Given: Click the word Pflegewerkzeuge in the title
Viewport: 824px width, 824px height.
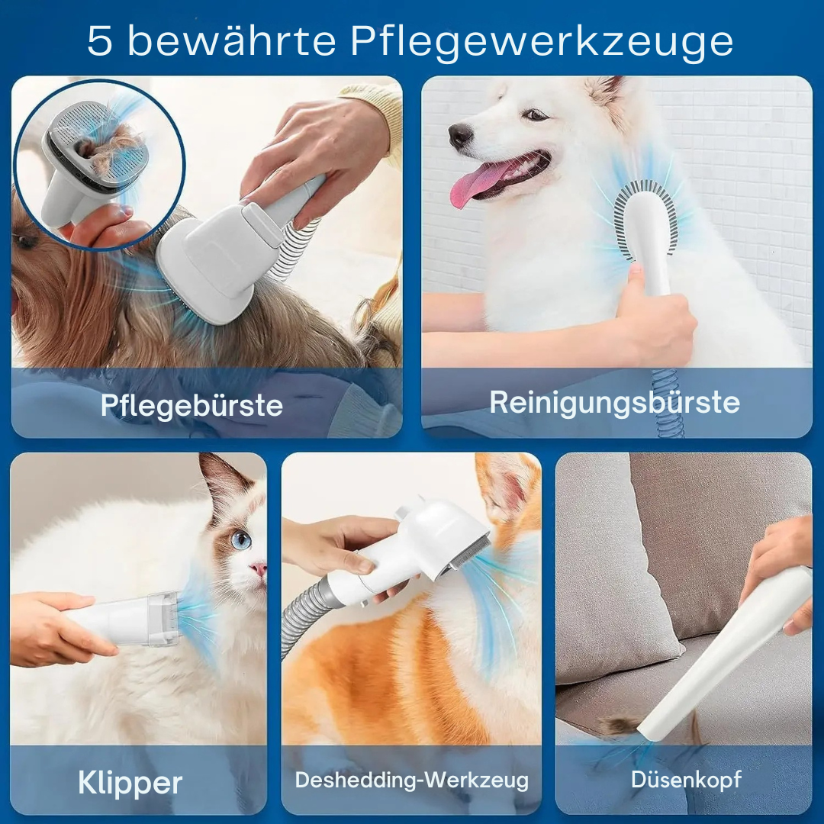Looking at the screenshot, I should pyautogui.click(x=542, y=41).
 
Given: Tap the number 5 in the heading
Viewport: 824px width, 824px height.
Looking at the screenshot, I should pyautogui.click(x=100, y=41).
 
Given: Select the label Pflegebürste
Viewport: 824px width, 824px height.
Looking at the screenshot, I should pyautogui.click(x=192, y=405).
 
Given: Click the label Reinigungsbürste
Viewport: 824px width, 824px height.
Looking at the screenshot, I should pyautogui.click(x=614, y=402).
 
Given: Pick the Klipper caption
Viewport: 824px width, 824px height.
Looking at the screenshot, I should pyautogui.click(x=130, y=783).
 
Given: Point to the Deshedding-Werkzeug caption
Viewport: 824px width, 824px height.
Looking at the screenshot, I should pyautogui.click(x=411, y=781).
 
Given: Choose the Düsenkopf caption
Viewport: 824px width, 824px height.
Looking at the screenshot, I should pyautogui.click(x=686, y=780).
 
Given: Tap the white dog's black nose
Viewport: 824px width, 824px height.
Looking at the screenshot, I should pyautogui.click(x=460, y=135).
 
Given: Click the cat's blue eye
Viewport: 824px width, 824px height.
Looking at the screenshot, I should pyautogui.click(x=241, y=540).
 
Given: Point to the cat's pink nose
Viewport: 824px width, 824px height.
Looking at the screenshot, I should pyautogui.click(x=260, y=569).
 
